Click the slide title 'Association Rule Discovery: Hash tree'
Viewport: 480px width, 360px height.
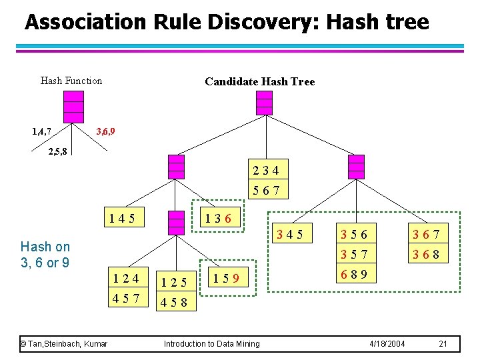(227, 22)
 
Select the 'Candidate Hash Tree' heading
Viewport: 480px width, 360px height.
(259, 81)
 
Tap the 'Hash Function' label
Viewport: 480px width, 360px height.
(71, 81)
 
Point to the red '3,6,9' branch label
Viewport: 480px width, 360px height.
(105, 131)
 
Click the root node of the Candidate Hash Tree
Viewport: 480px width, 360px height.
(265, 103)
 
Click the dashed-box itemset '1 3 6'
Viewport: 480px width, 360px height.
(219, 217)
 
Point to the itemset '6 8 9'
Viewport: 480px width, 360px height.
(355, 274)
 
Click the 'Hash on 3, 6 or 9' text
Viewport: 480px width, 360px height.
(45, 254)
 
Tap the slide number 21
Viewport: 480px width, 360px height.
(443, 343)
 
